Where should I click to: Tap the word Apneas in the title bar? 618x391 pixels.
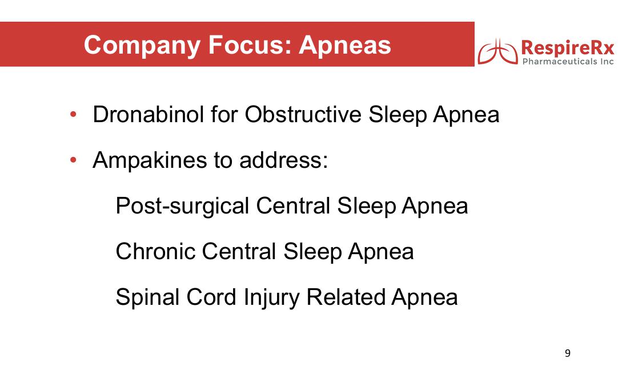click(x=345, y=46)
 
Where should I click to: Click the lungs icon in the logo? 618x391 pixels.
click(x=498, y=51)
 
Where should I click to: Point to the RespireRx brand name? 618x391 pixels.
click(x=568, y=47)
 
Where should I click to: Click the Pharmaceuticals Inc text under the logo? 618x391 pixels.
click(x=568, y=62)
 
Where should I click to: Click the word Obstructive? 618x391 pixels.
click(x=303, y=115)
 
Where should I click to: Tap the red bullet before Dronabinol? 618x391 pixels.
click(x=73, y=115)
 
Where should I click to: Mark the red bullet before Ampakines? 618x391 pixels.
click(x=73, y=160)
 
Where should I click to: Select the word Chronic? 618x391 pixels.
click(x=156, y=251)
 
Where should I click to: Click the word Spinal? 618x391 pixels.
click(x=147, y=297)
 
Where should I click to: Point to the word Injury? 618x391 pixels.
click(x=271, y=297)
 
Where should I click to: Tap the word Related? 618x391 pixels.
click(x=346, y=297)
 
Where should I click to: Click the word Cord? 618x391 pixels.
click(x=211, y=297)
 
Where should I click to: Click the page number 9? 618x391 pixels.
click(x=568, y=353)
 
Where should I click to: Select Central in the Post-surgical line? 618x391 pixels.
click(x=293, y=206)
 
